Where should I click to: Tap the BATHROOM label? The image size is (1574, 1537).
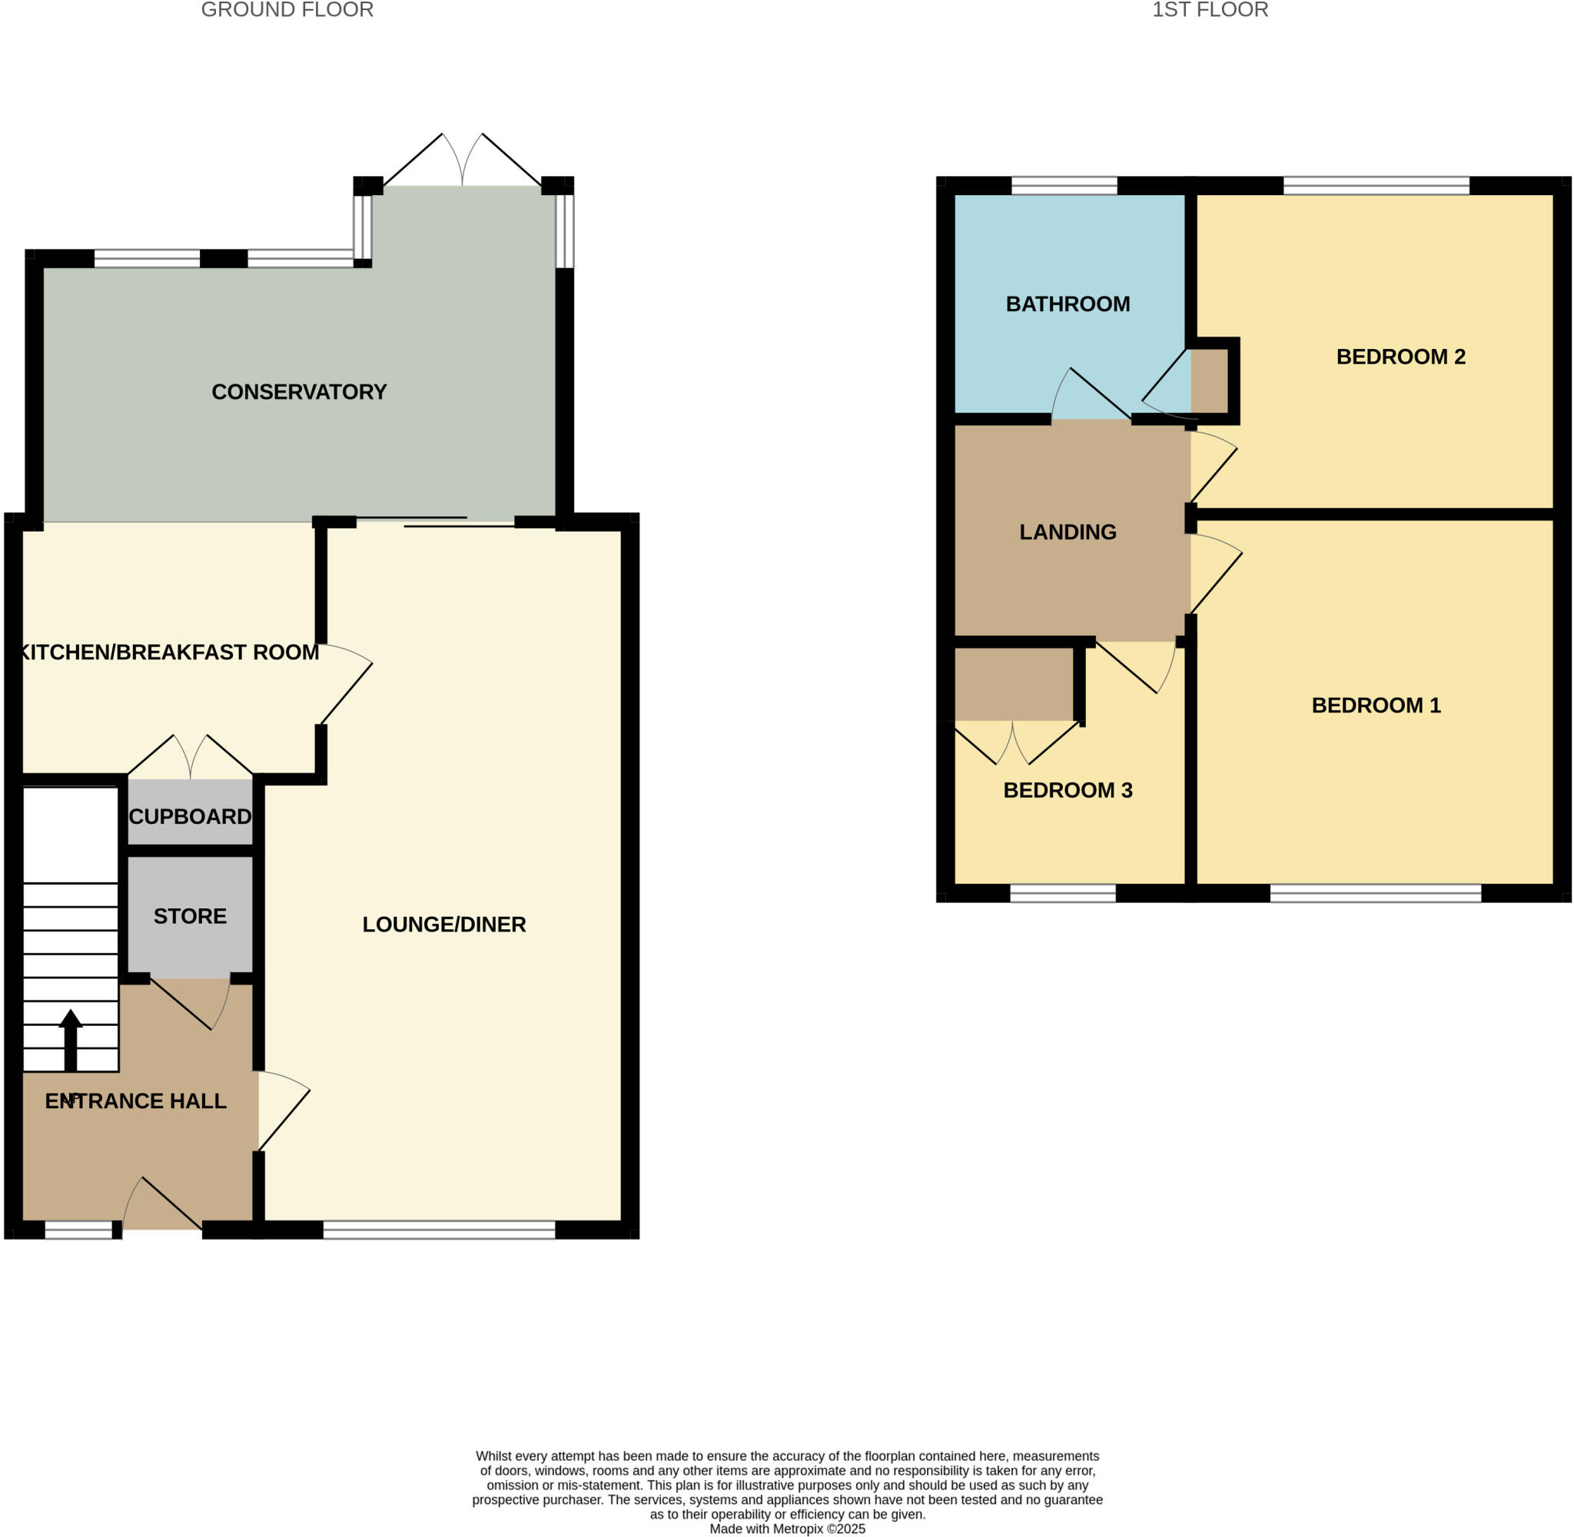1067,304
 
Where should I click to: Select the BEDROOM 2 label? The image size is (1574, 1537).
1400,356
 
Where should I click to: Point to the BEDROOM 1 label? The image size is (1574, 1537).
1376,705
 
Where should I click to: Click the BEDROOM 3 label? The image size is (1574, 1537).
1067,789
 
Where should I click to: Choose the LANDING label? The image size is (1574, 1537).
1067,531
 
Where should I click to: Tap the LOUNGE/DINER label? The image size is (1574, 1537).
444,925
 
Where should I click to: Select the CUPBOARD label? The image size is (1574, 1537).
190,816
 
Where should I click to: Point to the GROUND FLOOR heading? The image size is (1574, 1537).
287,10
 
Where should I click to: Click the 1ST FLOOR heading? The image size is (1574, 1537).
1209,10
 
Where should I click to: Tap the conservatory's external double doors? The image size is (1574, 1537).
462,161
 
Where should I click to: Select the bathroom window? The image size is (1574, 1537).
1064,187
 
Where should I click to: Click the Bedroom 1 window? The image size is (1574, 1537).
1376,893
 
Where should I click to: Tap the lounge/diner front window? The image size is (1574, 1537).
439,1230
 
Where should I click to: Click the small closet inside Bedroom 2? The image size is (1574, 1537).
1209,380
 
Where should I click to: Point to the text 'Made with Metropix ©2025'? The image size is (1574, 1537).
787,1529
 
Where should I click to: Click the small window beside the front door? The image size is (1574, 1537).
78,1230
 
